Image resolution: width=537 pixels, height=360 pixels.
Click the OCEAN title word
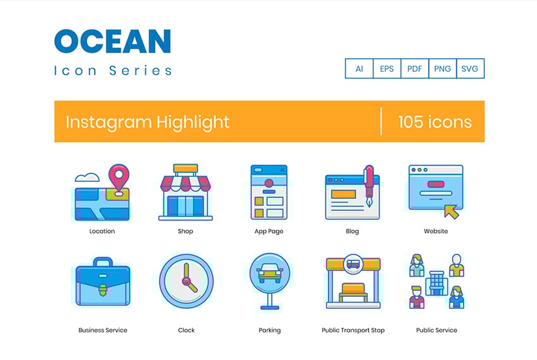112,42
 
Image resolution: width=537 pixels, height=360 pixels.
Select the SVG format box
470,69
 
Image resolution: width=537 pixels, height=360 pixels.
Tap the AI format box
359,69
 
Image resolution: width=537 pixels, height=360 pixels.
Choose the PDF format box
414,69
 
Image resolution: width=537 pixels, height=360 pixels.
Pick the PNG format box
442,69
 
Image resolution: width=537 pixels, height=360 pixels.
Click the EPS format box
387,69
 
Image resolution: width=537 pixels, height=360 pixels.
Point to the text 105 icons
435,121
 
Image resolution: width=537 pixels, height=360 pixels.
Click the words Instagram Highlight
147,121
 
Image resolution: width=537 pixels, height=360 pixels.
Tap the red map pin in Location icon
118,176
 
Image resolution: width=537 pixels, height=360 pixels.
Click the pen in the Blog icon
368,184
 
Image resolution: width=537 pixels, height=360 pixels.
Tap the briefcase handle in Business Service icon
102,262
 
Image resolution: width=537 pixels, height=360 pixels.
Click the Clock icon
186,281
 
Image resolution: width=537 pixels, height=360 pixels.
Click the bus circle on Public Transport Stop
353,263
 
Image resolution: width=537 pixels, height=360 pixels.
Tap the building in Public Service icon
436,282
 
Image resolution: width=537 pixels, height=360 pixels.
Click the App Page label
269,231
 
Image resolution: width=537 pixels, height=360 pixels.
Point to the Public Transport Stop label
353,330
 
